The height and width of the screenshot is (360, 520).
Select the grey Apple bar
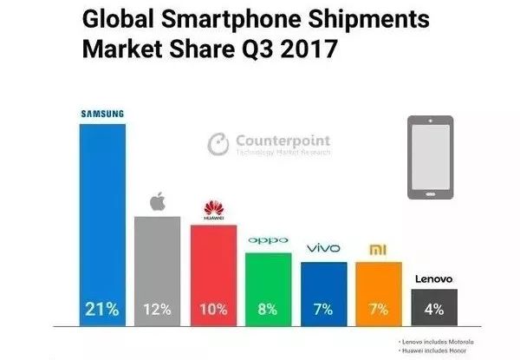click(157, 260)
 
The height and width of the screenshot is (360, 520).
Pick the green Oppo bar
click(268, 278)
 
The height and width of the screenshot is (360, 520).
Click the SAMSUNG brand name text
click(102, 113)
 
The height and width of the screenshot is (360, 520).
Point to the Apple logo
click(158, 202)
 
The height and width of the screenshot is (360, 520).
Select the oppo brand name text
click(268, 240)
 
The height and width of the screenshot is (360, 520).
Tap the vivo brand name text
click(323, 249)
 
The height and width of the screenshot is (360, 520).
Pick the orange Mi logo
click(379, 250)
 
